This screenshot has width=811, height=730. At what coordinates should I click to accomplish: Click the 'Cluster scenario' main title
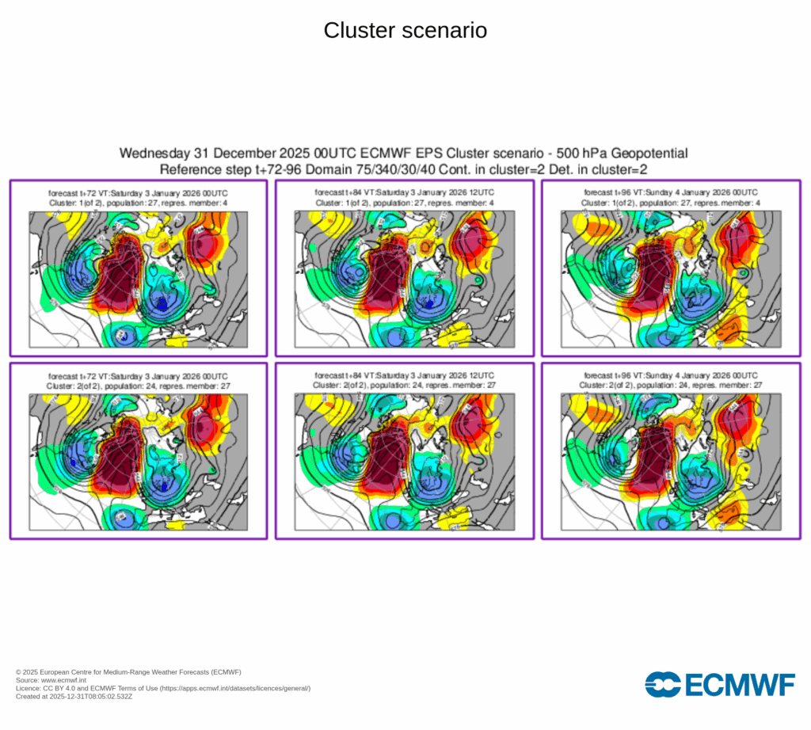tap(405, 31)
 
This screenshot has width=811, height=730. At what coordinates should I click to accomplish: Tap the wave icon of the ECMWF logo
tap(663, 684)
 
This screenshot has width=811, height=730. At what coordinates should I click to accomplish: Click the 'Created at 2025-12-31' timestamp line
tap(74, 697)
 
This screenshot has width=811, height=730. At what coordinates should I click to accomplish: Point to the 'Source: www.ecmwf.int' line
tap(51, 680)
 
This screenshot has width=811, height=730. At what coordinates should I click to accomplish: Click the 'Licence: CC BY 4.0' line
tap(163, 688)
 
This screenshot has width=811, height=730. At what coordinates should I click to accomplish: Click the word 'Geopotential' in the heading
tap(645, 154)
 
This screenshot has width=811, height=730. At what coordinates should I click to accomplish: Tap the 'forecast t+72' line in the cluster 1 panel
tap(139, 192)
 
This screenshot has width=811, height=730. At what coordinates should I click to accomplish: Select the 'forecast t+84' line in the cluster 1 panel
tap(405, 192)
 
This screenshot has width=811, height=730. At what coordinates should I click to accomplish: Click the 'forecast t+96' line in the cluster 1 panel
tap(671, 192)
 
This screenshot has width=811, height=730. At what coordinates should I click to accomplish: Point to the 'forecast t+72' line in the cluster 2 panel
tap(139, 375)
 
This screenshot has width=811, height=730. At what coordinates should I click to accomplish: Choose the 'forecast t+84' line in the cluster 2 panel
tap(405, 375)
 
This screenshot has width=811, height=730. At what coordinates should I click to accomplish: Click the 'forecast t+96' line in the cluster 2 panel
tap(671, 375)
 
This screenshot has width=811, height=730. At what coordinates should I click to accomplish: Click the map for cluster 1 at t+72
tap(139, 279)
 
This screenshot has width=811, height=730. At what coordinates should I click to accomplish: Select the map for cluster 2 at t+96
tap(671, 462)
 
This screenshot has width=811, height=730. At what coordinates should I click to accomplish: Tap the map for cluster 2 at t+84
tap(405, 462)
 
